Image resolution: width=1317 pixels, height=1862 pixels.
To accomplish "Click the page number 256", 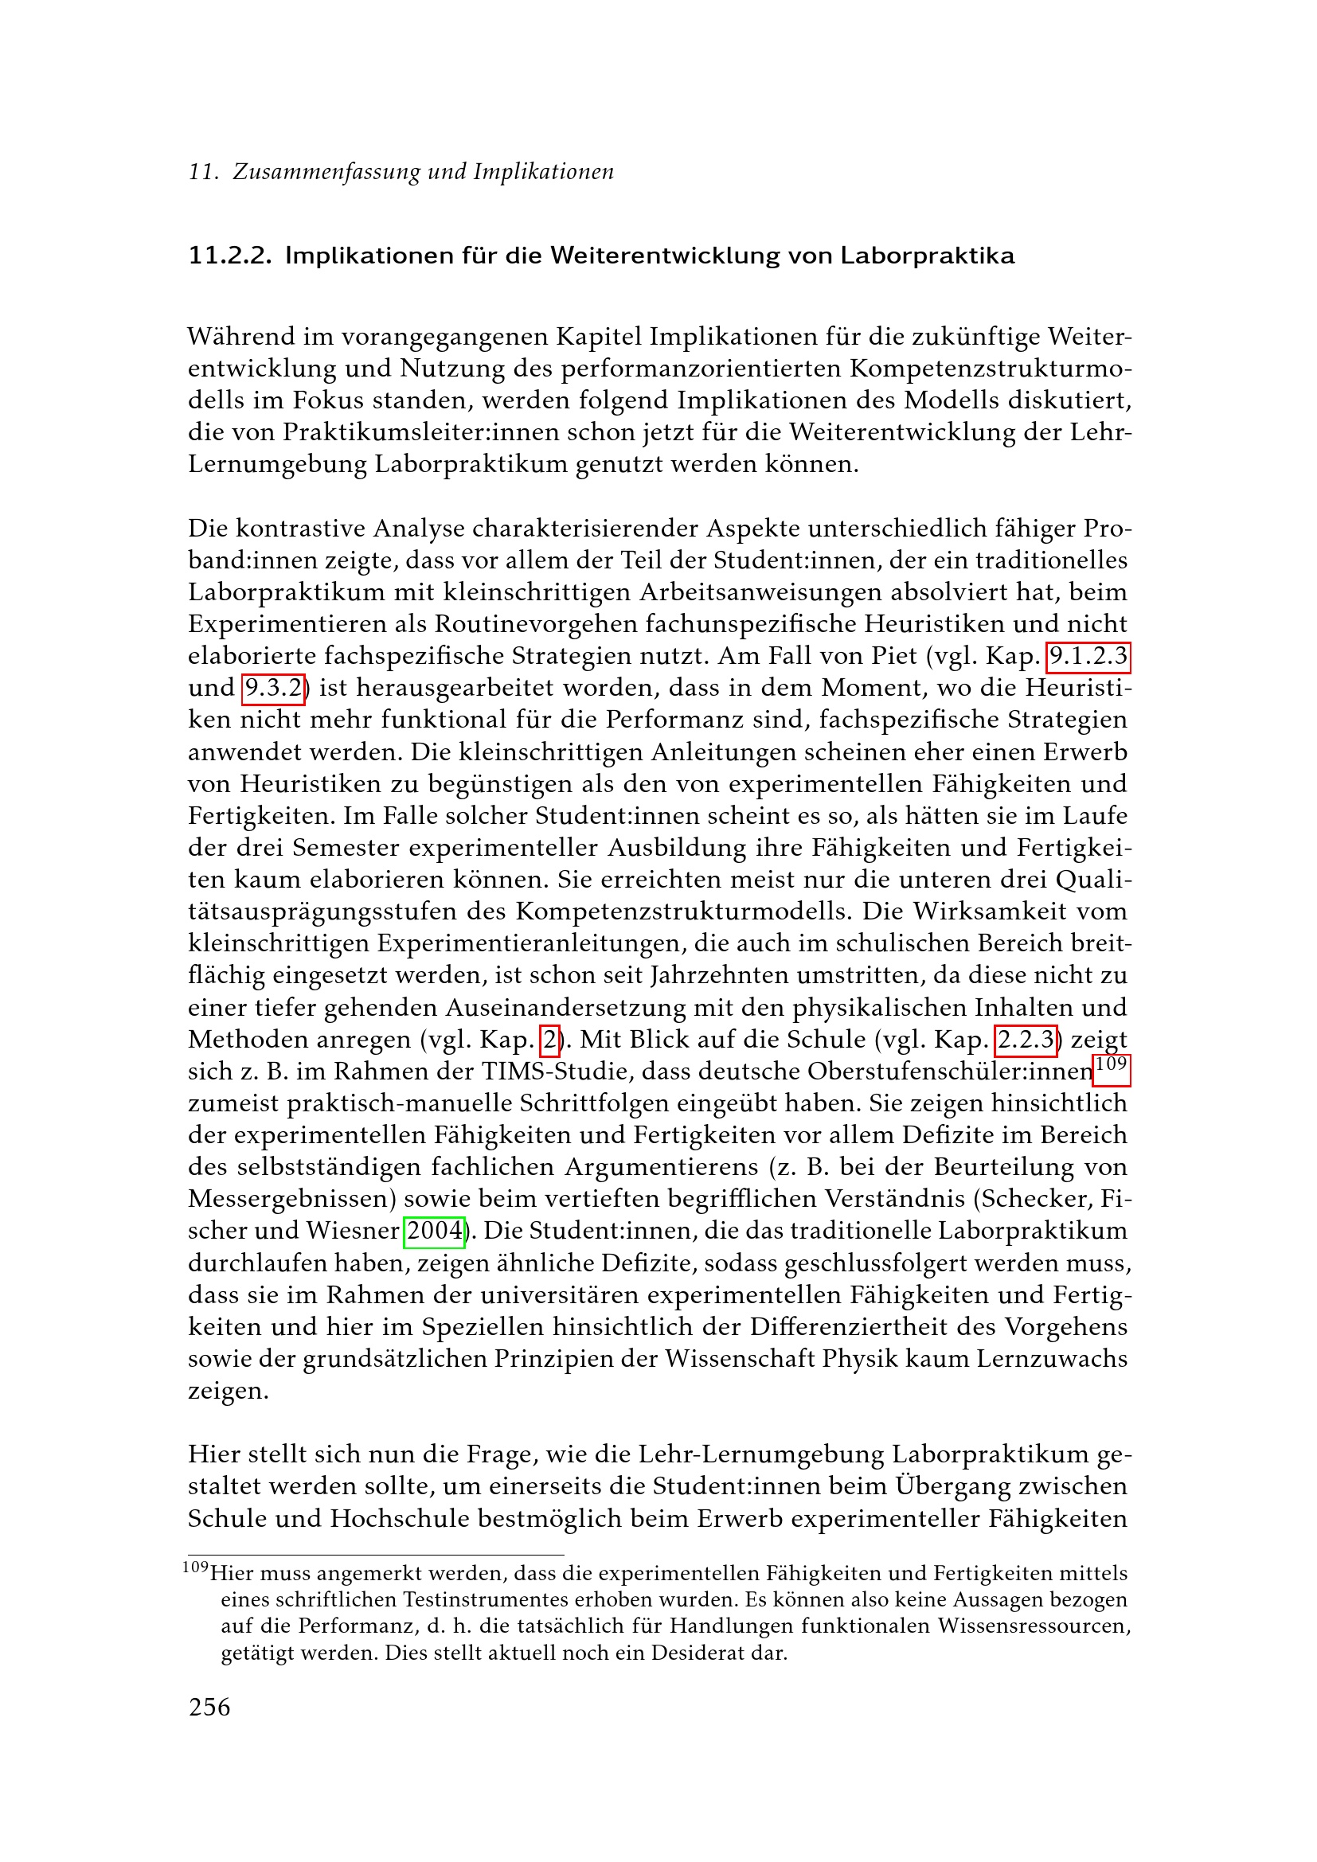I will click(x=209, y=1707).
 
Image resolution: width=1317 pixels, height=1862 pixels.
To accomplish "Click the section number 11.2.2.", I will click(x=229, y=256).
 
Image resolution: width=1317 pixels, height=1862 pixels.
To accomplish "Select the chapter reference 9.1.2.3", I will click(x=1088, y=656).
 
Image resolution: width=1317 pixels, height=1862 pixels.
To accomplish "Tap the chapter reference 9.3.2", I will click(x=273, y=689).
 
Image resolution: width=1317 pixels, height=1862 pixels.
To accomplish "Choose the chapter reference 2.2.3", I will click(x=1026, y=1040).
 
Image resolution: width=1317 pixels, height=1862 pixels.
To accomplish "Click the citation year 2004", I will click(x=435, y=1231).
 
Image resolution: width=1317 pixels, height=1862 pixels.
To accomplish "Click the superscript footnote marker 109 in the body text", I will click(x=1111, y=1065).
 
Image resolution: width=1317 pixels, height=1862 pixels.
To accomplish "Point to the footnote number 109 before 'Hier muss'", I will click(x=195, y=1567).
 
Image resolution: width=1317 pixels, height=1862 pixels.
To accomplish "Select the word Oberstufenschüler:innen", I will click(x=950, y=1072).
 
